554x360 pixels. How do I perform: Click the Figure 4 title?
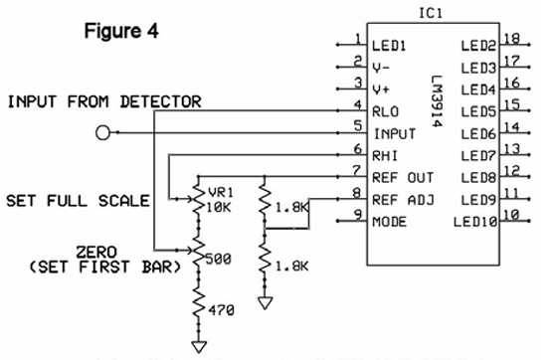(x=120, y=31)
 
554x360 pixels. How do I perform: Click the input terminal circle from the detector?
(x=100, y=132)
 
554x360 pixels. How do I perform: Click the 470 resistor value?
(x=220, y=311)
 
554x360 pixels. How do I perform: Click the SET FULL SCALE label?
(x=78, y=200)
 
